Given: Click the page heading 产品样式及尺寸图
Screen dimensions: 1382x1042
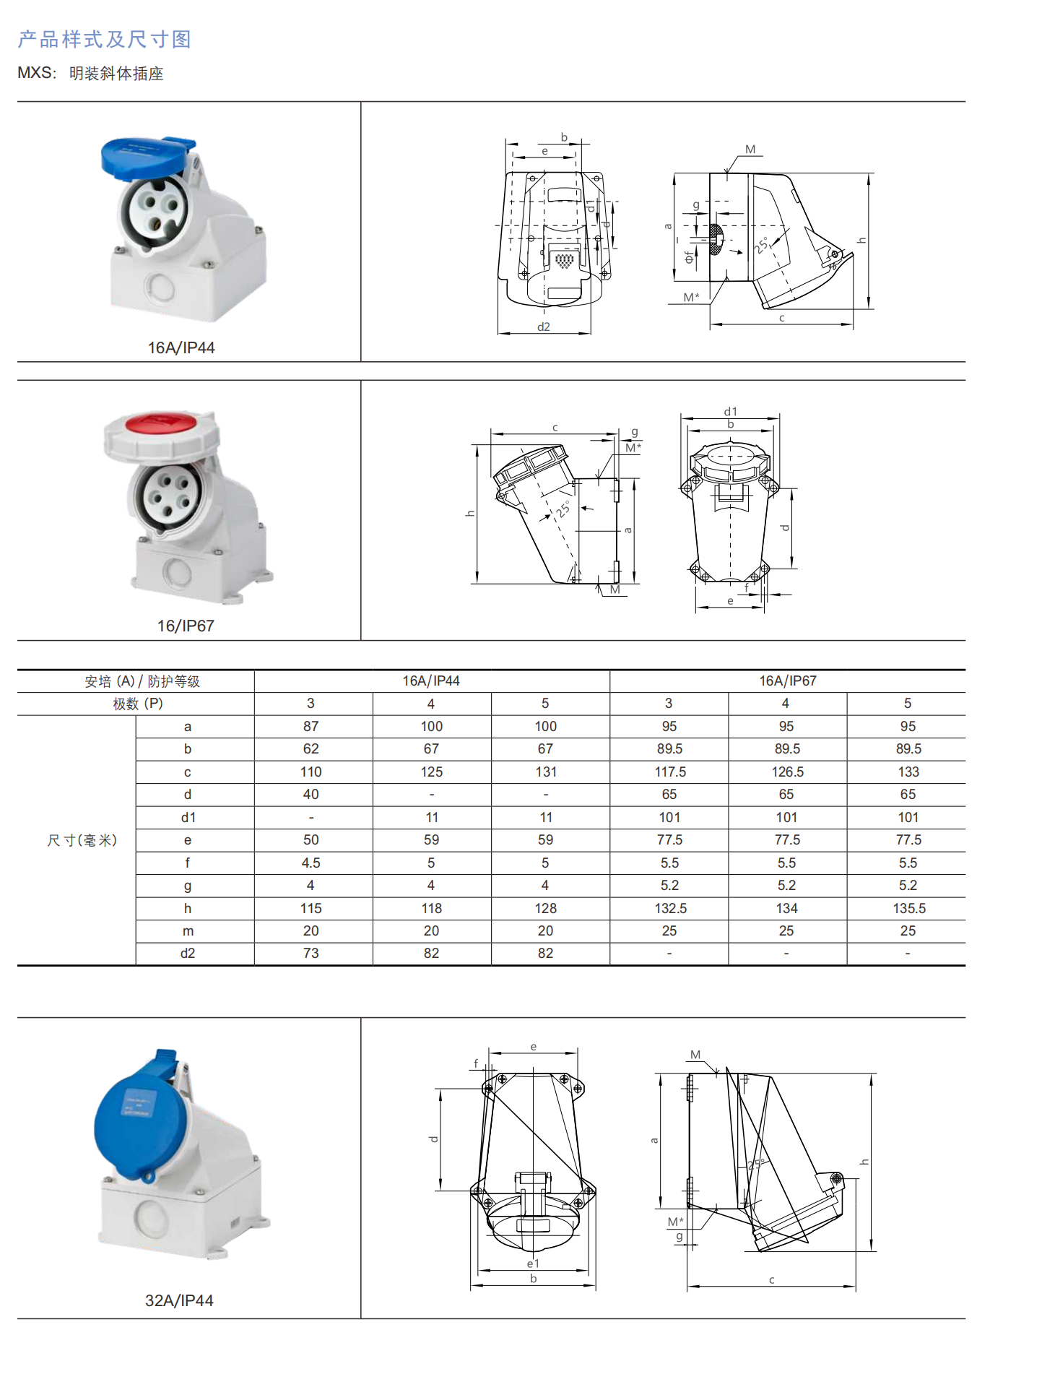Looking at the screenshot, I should tap(105, 39).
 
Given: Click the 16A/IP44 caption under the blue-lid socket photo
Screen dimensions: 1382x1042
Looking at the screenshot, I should tap(181, 347).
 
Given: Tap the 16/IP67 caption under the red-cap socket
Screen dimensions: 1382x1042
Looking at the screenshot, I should tap(186, 626).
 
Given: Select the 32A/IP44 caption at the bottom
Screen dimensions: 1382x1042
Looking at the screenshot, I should tap(179, 1300).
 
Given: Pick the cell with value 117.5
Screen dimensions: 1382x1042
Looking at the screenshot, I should tap(669, 772).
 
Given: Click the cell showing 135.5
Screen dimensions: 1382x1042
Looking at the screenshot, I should tap(908, 908).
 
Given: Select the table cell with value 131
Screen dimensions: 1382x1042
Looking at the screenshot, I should tap(546, 772).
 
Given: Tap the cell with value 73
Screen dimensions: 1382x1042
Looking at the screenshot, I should tap(311, 953).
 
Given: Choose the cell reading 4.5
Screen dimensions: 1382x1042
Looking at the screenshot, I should tap(311, 863).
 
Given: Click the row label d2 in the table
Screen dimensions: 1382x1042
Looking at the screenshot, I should tap(188, 953).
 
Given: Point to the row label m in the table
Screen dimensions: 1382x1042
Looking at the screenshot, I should tap(188, 930).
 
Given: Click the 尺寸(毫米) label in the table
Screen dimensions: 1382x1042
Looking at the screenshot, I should tap(82, 840).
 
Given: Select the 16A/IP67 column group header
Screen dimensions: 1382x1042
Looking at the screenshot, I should tap(787, 681).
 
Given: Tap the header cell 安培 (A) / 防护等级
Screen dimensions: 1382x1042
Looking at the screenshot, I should tap(142, 681).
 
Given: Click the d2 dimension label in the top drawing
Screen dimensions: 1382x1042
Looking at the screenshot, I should tap(544, 327).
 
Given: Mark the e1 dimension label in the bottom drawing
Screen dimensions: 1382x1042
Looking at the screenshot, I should tap(533, 1264).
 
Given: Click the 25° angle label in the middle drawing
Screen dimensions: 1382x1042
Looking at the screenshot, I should tap(563, 509).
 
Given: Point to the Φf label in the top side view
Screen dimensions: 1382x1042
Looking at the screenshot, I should tap(688, 257).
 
